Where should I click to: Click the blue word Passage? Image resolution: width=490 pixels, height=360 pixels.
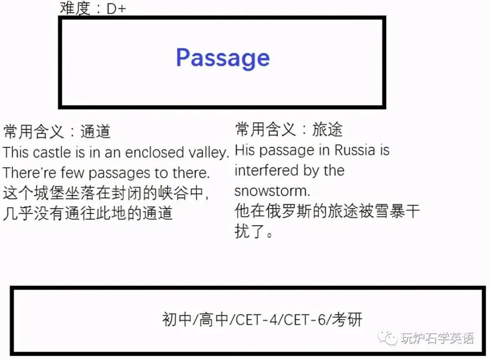pos(223,58)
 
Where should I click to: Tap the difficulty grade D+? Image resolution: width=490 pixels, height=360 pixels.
pos(116,9)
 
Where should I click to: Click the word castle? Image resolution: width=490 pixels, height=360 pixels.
pos(51,152)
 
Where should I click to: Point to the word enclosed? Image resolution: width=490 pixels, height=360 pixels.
pos(154,152)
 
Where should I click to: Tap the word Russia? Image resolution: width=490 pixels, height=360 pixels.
pos(355,150)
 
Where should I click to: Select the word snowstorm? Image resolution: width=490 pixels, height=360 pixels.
pos(272,191)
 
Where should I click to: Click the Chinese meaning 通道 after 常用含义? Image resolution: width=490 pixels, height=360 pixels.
pos(96,131)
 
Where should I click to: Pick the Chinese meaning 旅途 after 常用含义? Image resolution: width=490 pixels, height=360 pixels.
pos(327,129)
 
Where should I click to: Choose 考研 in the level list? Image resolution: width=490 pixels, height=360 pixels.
pos(347,319)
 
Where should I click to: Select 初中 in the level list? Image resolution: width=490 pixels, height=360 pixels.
pos(177,319)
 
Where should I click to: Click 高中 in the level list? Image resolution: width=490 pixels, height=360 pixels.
pos(214,319)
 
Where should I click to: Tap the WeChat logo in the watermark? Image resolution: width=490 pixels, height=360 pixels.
pos(387,338)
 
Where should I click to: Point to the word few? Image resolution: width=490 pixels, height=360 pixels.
pos(73,172)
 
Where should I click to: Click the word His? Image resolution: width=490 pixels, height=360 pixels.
pos(245,150)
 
